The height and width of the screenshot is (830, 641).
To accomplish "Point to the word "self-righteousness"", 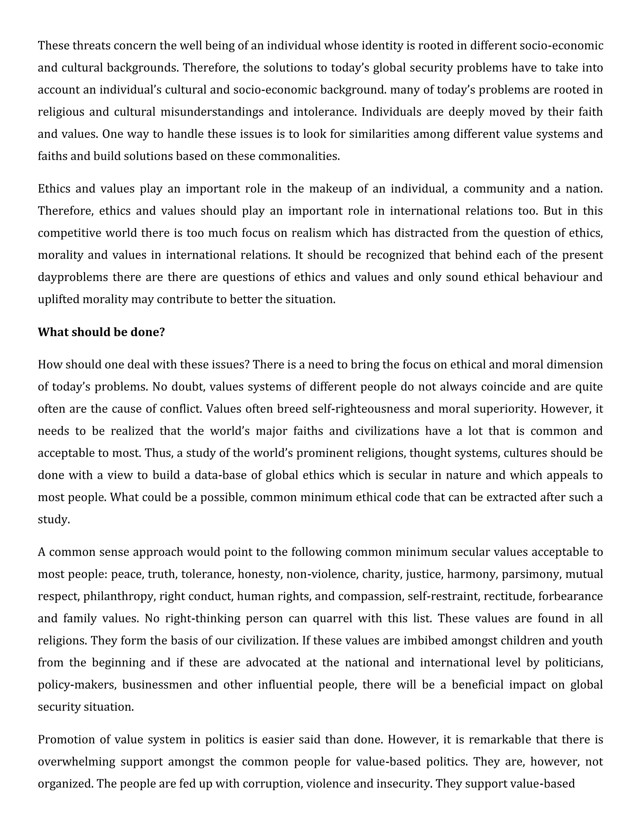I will (x=361, y=409).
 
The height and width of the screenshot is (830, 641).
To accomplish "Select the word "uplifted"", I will (x=59, y=299).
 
